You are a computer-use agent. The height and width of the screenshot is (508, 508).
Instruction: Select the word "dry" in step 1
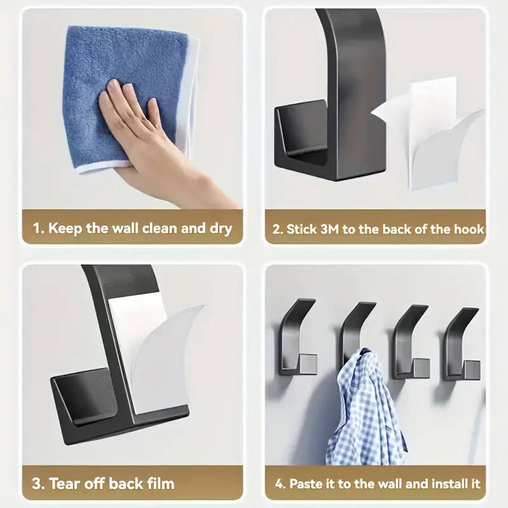[221, 229]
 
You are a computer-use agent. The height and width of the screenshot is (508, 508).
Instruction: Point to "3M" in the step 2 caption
[330, 229]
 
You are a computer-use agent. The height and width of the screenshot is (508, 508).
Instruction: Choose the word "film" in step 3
[160, 484]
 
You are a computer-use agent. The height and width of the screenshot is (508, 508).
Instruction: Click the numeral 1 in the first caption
[37, 229]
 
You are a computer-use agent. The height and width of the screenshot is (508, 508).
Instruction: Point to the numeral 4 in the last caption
[279, 484]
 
